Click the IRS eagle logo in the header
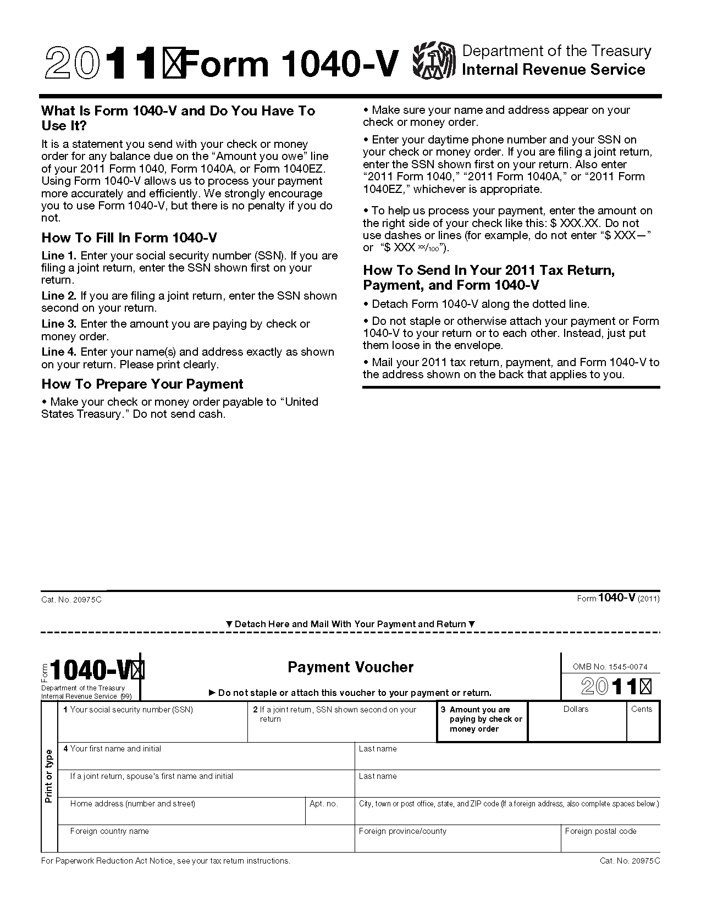434,61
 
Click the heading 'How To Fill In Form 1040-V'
129,238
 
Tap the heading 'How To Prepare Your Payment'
142,384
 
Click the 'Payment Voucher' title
350,667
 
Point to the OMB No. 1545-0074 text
610,667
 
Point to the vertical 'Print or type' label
49,776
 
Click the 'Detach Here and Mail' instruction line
350,624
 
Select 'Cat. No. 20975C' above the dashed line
71,599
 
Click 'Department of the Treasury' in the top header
556,51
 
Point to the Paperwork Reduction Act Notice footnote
165,861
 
